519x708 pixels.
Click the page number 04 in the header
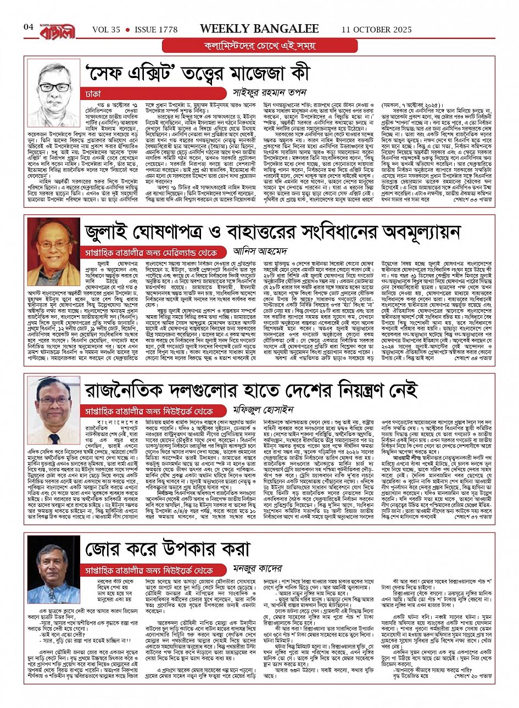(29, 27)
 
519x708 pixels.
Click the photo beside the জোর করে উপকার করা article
(54, 562)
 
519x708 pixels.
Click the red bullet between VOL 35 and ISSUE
(127, 29)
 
